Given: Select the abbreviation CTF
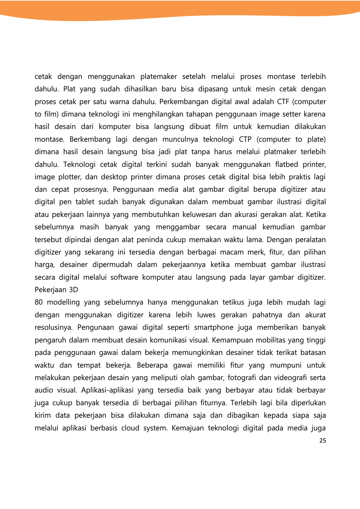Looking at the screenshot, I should click(284, 102).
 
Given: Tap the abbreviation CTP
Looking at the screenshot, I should click(245, 139).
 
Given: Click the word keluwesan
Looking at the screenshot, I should click(197, 215).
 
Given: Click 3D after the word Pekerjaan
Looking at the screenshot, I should click(73, 290).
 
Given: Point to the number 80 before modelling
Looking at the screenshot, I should click(38, 302).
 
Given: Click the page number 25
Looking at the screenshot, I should click(322, 441).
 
